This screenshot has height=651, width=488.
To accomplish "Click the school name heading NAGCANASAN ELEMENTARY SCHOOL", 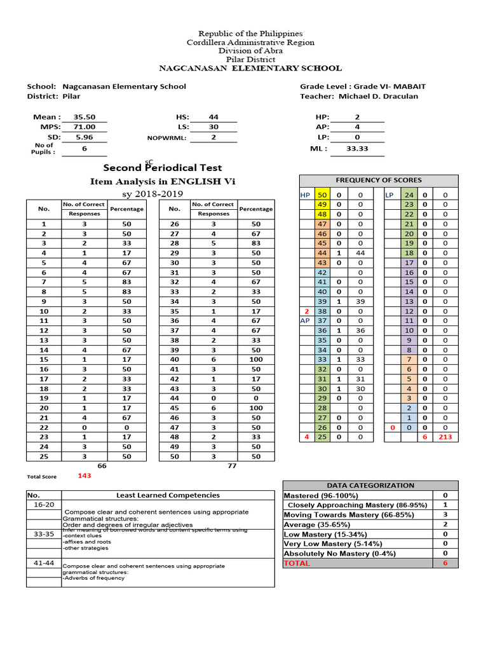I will pyautogui.click(x=250, y=68).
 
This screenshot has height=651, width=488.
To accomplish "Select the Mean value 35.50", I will pyautogui.click(x=84, y=117).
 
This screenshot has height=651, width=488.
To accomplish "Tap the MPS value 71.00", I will pyautogui.click(x=84, y=127).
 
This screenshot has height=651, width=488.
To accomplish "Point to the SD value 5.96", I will pyautogui.click(x=84, y=137).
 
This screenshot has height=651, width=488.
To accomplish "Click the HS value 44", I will pyautogui.click(x=213, y=117).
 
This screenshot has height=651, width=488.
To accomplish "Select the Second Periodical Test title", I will pyautogui.click(x=163, y=168).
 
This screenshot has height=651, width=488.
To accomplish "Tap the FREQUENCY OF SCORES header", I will pyautogui.click(x=378, y=180).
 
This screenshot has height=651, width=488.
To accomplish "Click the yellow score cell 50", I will pyautogui.click(x=322, y=195).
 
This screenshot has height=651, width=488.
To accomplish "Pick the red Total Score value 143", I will pyautogui.click(x=85, y=476).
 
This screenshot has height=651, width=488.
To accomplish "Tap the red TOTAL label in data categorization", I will pyautogui.click(x=297, y=563).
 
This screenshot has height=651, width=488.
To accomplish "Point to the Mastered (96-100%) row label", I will pyautogui.click(x=321, y=495).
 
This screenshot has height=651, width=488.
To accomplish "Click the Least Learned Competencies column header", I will pyautogui.click(x=168, y=495).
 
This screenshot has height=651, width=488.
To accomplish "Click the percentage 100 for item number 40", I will pyautogui.click(x=256, y=359).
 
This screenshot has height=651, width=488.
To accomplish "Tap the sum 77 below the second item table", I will pyautogui.click(x=231, y=465).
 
